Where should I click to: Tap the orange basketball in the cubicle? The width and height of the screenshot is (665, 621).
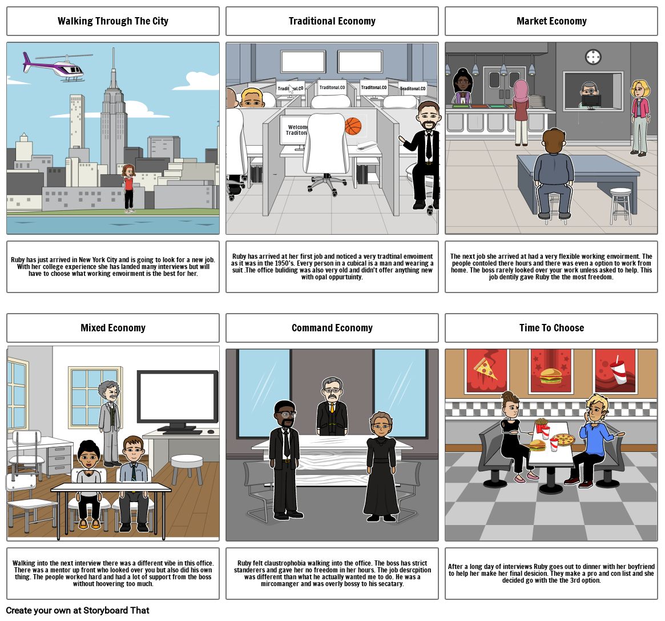tap(353, 126)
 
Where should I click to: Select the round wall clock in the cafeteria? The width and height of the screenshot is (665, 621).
tap(593, 57)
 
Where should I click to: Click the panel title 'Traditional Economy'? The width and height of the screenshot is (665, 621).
tap(332, 21)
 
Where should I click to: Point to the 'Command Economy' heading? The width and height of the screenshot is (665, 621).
tap(332, 328)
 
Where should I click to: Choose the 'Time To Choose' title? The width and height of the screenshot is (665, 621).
tap(551, 328)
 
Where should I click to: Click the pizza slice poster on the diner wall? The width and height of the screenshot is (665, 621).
tap(486, 371)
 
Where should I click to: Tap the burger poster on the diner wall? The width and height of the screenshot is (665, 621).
tap(551, 371)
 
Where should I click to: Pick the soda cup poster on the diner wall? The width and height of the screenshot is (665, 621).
tap(615, 371)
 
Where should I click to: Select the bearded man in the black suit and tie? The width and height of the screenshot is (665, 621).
tap(423, 155)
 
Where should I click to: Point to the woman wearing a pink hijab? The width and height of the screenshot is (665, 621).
tap(521, 113)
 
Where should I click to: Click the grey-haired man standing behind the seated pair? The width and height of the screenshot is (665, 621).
tap(110, 422)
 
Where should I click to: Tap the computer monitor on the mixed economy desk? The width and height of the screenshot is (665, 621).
tap(178, 401)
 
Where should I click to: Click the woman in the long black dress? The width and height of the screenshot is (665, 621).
tap(381, 466)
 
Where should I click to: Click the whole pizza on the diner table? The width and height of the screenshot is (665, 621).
tap(563, 440)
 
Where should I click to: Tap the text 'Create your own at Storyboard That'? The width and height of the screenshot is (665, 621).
tap(78, 610)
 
